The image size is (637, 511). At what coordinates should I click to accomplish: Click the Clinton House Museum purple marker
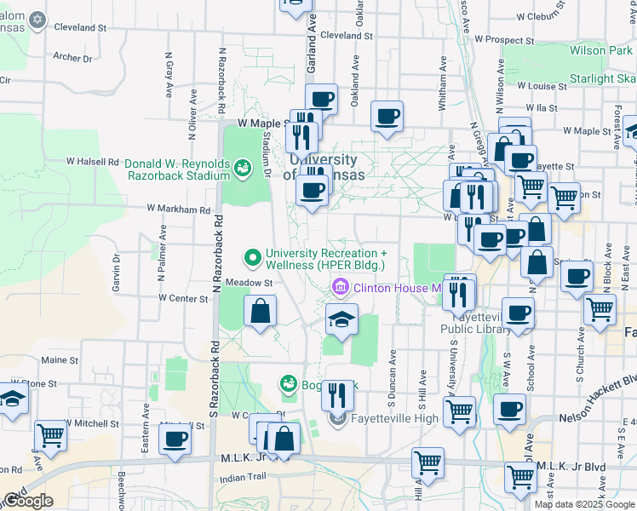341,288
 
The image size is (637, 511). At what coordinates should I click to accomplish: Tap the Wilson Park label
601,51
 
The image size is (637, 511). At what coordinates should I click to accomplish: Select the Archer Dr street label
72,58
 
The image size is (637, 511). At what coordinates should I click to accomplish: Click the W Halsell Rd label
93,161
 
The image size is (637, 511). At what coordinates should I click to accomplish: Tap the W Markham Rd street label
178,209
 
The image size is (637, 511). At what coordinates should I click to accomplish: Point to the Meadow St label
249,283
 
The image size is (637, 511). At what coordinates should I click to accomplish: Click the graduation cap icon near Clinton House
341,321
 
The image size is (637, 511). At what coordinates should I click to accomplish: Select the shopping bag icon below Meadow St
260,312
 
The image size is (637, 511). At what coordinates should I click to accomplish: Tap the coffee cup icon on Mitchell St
175,439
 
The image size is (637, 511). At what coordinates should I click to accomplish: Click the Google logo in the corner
28,502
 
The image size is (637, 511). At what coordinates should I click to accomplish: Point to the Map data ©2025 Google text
584,504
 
